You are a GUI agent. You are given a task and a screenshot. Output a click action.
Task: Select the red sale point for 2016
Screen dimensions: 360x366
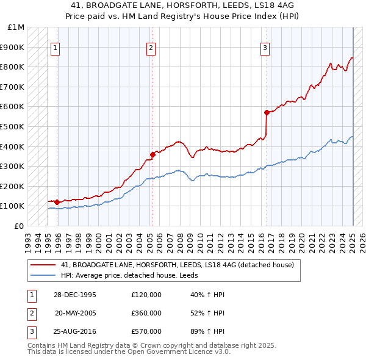pyautogui.click(x=267, y=112)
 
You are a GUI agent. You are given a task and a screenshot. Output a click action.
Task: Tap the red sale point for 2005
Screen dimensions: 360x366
pyautogui.click(x=152, y=154)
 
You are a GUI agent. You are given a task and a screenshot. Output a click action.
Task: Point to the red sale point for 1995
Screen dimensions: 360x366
pyautogui.click(x=57, y=202)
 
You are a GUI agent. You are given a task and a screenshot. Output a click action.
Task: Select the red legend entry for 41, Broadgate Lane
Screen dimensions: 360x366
pyautogui.click(x=178, y=265)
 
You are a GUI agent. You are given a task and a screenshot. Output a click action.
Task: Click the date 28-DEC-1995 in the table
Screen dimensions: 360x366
pyautogui.click(x=75, y=295)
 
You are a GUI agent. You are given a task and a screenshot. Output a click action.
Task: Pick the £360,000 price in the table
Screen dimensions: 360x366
pyautogui.click(x=146, y=313)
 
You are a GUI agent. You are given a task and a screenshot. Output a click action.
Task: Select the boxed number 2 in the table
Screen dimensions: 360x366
pyautogui.click(x=29, y=313)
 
